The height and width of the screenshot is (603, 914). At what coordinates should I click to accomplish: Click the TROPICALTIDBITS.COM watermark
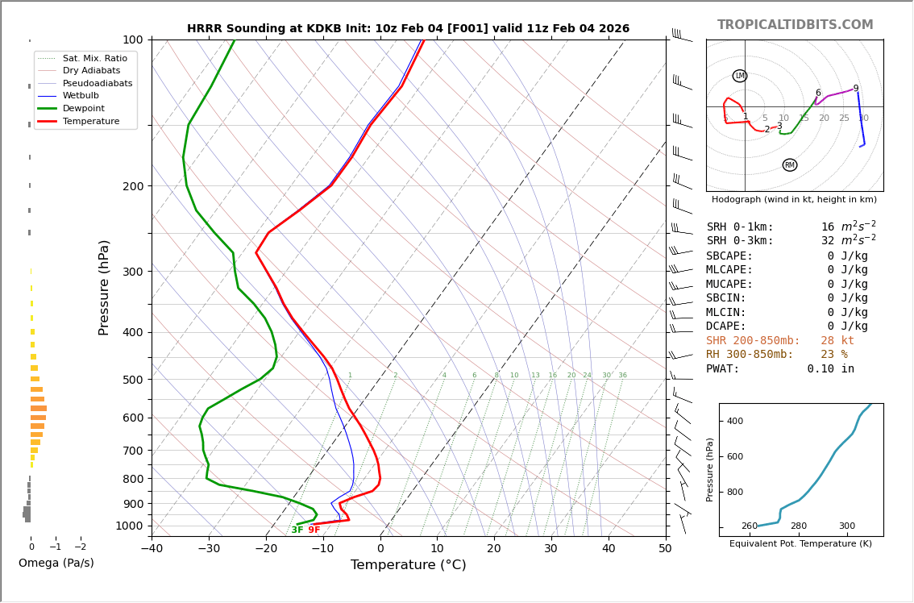tap(795, 25)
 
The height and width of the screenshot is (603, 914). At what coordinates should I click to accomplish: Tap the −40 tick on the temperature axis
tap(152, 549)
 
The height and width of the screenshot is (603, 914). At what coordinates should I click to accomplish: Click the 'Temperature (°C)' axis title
tap(408, 565)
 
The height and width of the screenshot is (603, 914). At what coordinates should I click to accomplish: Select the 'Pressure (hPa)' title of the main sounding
tap(105, 287)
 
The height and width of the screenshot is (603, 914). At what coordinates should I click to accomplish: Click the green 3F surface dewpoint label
tap(297, 530)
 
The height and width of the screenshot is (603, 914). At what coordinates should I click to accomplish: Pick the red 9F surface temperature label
tap(314, 530)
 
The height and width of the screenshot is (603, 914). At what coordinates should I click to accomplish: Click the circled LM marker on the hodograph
tap(740, 76)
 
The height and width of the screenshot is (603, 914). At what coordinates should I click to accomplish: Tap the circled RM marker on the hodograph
tap(790, 165)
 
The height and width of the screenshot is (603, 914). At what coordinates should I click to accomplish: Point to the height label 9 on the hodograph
tap(856, 89)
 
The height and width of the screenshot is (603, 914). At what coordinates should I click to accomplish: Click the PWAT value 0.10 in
tap(830, 369)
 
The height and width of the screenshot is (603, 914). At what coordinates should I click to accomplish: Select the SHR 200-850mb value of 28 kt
tap(837, 341)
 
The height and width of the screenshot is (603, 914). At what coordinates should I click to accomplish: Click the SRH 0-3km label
tap(740, 241)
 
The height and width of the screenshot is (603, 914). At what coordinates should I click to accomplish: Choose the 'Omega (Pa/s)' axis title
tap(56, 563)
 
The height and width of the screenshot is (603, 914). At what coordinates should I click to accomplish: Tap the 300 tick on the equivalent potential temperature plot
tap(846, 526)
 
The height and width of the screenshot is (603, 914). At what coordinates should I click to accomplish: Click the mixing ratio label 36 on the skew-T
tap(622, 376)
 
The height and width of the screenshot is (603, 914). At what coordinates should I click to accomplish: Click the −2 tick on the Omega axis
tap(80, 547)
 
